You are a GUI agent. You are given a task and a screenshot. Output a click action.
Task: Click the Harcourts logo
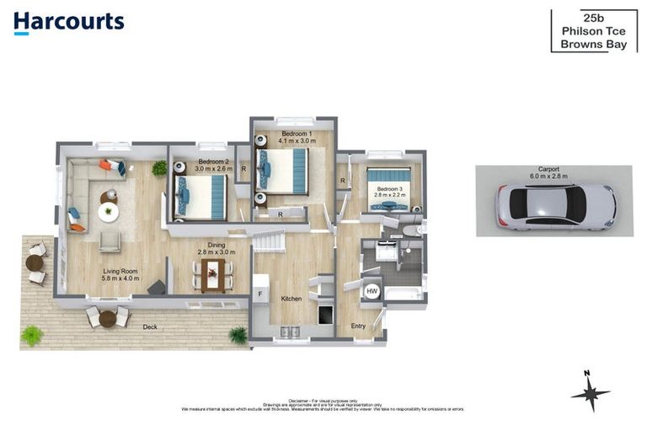coord(69,23)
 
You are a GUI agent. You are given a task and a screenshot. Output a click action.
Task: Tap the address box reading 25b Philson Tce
coord(593,31)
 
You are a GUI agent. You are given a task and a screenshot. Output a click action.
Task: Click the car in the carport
coord(555,207)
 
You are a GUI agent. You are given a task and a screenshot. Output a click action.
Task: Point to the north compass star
coord(590,393)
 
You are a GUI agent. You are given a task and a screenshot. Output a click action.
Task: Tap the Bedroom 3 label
coord(389,189)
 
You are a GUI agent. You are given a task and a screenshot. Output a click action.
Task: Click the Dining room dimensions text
coord(217,251)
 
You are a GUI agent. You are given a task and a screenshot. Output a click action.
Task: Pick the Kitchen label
coord(291,300)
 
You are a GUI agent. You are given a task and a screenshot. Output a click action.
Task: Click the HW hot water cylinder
coord(372,292)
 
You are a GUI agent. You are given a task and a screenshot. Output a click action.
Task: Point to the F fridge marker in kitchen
coord(260,294)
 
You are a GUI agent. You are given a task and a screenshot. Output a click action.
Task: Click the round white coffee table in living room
coord(109,213)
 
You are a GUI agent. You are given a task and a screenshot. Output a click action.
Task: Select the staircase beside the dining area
coord(270,243)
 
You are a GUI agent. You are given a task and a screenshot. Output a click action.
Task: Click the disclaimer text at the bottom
coord(323,405)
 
